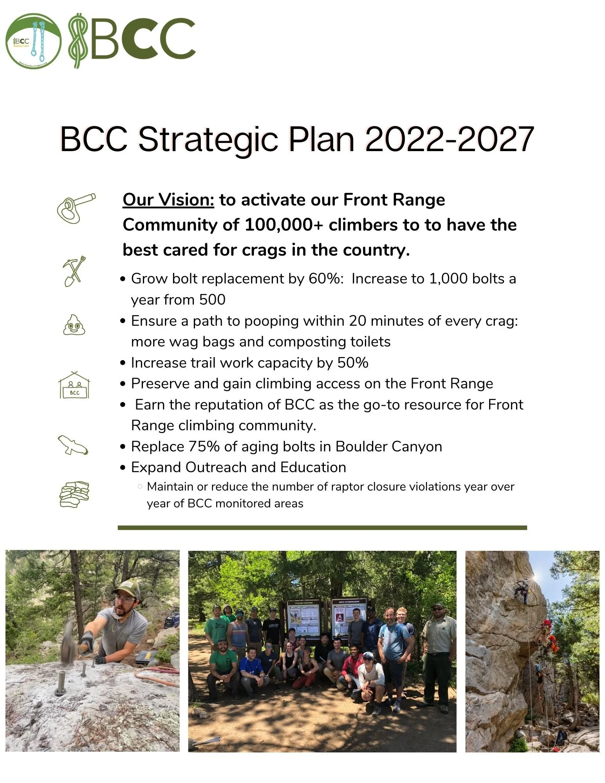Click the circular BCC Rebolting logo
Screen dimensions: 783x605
click(x=33, y=41)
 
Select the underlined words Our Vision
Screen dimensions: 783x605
click(x=168, y=200)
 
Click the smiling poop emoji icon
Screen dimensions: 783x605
click(x=74, y=325)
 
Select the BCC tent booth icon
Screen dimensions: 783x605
click(x=74, y=385)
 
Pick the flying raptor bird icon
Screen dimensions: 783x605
click(x=73, y=445)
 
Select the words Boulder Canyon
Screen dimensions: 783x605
click(x=388, y=446)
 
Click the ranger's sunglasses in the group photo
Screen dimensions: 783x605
click(x=438, y=609)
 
